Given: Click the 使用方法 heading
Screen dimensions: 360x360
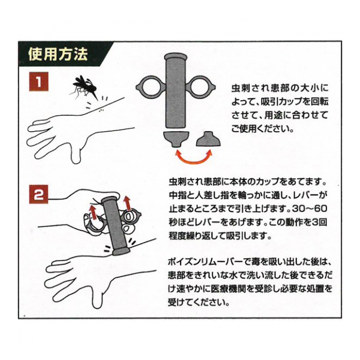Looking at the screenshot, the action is coord(58,54).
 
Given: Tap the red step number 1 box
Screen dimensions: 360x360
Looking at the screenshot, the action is coord(39,82).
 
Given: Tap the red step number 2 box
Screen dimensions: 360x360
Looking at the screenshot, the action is coord(39,194).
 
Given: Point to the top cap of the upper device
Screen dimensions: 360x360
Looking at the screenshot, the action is coord(175,56).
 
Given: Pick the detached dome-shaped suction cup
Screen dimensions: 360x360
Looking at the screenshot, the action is coord(209,139).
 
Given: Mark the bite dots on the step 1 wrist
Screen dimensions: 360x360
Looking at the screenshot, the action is coord(101,111).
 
